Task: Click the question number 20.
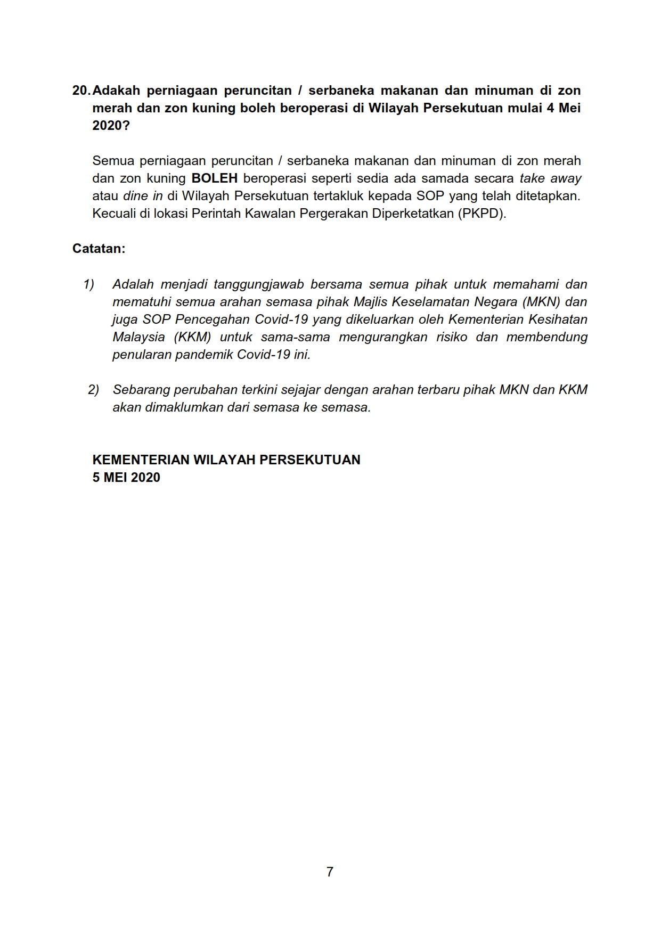tap(81, 91)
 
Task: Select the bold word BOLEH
tap(214, 178)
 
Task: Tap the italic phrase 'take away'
tap(550, 178)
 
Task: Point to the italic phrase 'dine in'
tap(143, 196)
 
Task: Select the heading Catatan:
tap(99, 249)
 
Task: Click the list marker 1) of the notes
tap(88, 284)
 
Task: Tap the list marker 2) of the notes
tap(93, 390)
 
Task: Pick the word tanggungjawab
tap(258, 284)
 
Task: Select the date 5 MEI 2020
tap(126, 478)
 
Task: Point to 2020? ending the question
tap(111, 126)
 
